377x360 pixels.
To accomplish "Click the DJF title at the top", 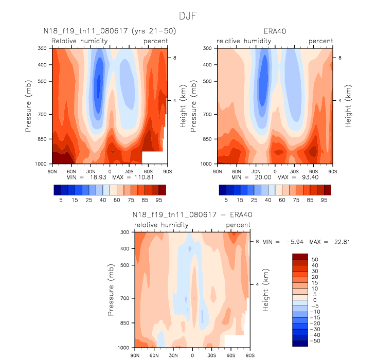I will click(x=188, y=16).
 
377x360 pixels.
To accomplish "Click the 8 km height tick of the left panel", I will click(x=174, y=58).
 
